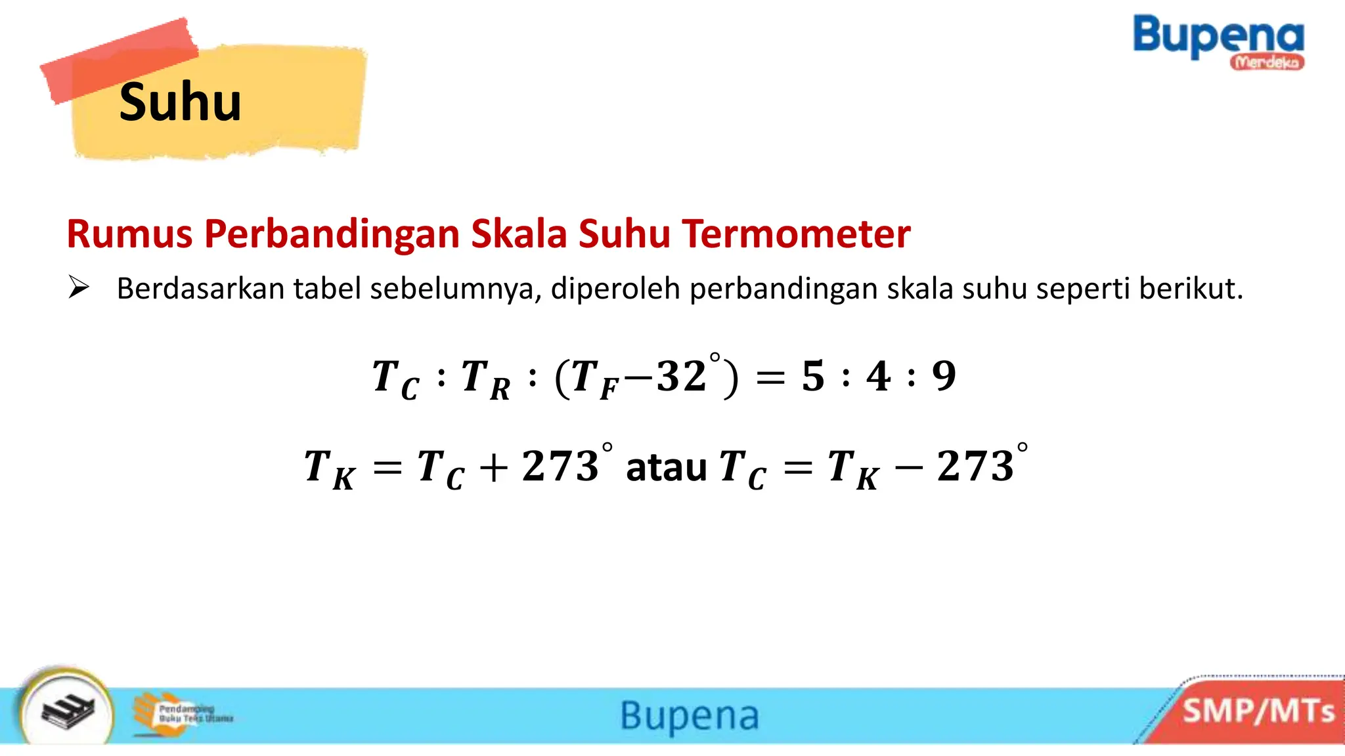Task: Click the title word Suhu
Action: pos(180,102)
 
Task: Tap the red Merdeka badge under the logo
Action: pos(1267,62)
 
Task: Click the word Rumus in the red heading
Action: pos(129,234)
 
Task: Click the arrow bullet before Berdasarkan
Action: pos(78,287)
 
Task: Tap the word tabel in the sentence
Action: pos(327,289)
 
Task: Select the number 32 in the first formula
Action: pos(682,377)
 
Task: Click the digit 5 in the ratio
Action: pos(813,377)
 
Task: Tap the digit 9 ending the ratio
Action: pos(944,377)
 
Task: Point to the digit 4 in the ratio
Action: pos(879,377)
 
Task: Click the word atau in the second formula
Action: pos(666,467)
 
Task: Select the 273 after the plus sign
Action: pos(560,467)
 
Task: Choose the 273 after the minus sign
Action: pos(975,467)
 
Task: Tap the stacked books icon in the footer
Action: pos(68,711)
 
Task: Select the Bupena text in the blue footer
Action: pos(690,715)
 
